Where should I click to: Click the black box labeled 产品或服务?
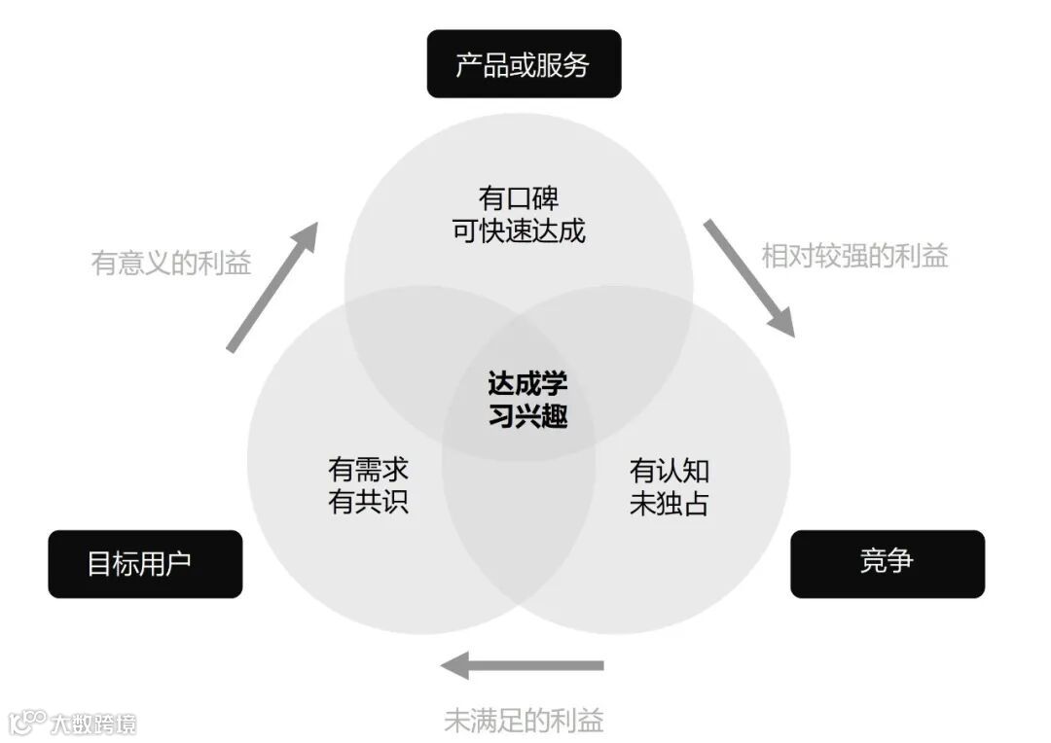[524, 64]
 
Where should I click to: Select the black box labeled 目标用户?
[145, 563]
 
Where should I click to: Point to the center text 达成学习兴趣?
[526, 399]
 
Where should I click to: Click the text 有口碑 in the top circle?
[519, 198]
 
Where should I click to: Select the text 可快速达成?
[519, 231]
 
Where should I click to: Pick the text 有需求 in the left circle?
[368, 470]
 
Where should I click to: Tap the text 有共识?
[368, 503]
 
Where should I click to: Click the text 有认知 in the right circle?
[670, 471]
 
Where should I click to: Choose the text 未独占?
[670, 504]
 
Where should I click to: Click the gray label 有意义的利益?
[171, 263]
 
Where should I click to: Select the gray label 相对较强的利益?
[854, 256]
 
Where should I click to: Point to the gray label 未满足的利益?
[524, 721]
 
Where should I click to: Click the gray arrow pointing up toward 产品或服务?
[272, 286]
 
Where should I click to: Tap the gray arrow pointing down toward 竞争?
[749, 277]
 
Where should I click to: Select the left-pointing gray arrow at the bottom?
[522, 666]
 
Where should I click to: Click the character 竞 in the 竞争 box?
[873, 561]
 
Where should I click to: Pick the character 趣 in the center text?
[554, 416]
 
